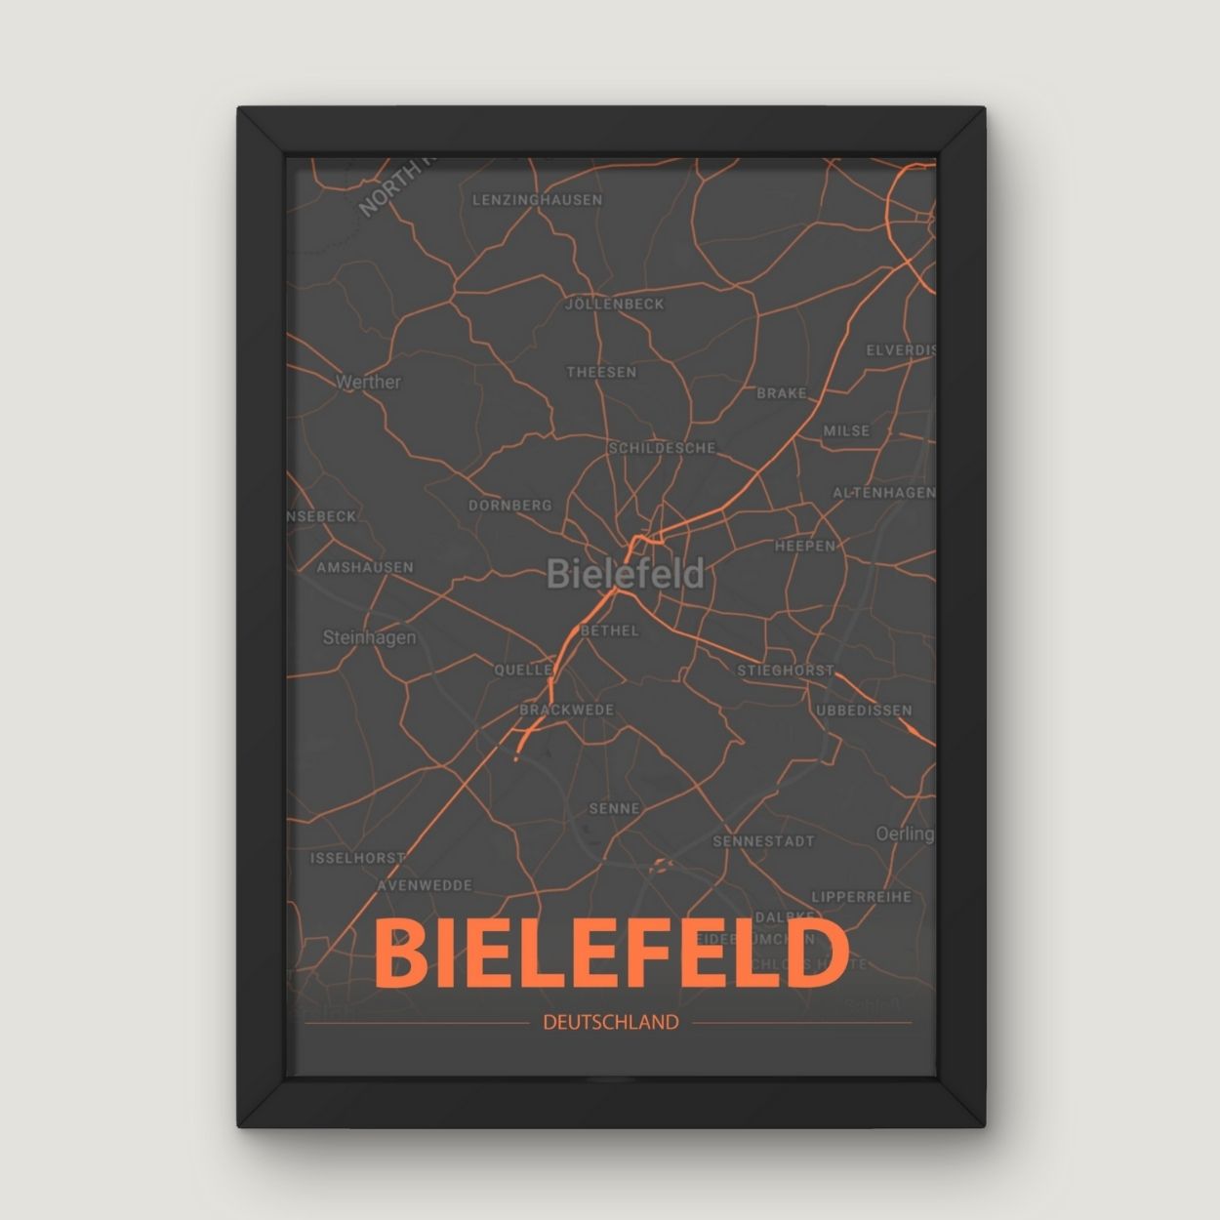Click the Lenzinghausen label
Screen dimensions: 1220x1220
pos(538,200)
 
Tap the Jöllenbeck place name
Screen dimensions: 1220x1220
pos(615,305)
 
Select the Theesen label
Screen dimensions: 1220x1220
pos(601,372)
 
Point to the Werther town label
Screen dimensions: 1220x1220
pos(368,382)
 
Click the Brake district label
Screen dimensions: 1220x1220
pos(782,393)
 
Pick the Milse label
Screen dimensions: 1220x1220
pos(846,430)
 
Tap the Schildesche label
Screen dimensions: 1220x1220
pos(662,448)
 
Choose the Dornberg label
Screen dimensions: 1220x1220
pos(510,506)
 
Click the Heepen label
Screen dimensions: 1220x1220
pos(805,546)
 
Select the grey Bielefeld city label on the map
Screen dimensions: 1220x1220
pos(625,574)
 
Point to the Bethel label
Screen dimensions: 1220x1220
pos(609,630)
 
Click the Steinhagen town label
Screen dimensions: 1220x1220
pos(369,637)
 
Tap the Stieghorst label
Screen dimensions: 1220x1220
pos(786,671)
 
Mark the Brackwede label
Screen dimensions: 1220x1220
pos(566,710)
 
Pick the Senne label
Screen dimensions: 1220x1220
pos(615,808)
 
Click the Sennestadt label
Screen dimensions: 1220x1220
pos(763,840)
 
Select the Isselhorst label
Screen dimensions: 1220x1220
pos(357,858)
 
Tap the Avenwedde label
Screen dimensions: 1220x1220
pos(426,885)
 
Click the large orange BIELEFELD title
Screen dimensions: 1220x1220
pos(610,955)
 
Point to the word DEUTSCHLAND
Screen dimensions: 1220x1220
pos(610,1023)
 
